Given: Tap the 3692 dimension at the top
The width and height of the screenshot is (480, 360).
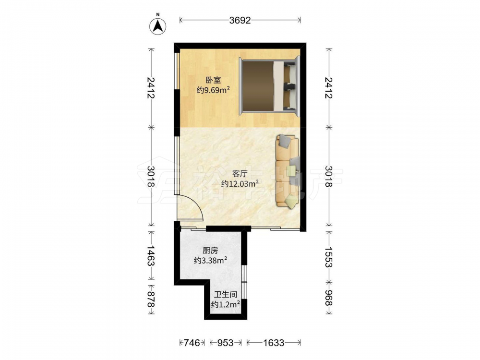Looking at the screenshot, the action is coord(240,20).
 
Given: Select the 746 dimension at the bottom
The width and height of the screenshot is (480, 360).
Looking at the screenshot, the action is coord(192,343).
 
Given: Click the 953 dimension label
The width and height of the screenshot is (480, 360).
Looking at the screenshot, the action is coord(225,343).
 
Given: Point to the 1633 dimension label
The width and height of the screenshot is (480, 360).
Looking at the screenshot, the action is coord(274,343).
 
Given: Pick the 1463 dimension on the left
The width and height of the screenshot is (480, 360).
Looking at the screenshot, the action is coord(151,255).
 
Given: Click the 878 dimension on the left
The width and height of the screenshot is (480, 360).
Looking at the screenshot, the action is coord(151,300).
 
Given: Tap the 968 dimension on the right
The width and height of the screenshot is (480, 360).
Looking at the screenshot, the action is coord(329,298).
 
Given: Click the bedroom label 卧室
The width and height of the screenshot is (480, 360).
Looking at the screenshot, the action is coord(213,80).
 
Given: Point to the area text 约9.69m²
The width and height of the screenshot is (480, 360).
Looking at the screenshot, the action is coord(213,90).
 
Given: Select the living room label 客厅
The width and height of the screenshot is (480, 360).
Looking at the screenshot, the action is coord(240,174).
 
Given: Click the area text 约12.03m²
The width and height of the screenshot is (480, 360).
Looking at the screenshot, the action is coord(240,184).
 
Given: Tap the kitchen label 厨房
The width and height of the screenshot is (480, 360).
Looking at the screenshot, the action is coord(210,251).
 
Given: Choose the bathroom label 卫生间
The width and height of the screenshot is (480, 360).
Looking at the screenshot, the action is coord(226,295).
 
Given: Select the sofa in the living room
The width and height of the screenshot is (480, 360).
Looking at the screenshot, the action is coord(288,171).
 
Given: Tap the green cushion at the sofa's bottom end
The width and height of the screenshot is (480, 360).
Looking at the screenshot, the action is coord(291,202).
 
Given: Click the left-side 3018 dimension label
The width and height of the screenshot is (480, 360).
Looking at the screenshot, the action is coord(151,176).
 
